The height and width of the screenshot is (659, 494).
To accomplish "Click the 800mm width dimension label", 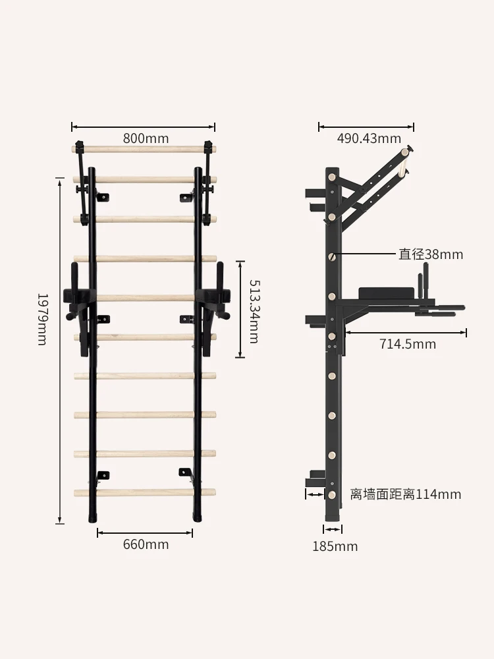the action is [x=146, y=138].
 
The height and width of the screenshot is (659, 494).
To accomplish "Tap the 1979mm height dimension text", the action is [x=42, y=320].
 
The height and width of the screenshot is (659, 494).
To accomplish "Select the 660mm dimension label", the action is [x=146, y=544].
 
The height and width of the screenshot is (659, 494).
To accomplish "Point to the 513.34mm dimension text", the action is [x=254, y=312].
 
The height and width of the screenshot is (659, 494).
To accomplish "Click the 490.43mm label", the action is [x=369, y=138].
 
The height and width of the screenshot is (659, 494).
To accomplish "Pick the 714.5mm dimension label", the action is [x=408, y=344].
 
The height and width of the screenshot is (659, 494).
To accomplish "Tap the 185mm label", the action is [x=335, y=546].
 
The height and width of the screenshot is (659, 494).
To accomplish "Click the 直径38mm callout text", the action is [x=431, y=254].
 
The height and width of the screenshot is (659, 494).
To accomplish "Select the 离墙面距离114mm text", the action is [x=405, y=494].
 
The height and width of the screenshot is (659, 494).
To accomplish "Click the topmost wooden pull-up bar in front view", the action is [x=144, y=149].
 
